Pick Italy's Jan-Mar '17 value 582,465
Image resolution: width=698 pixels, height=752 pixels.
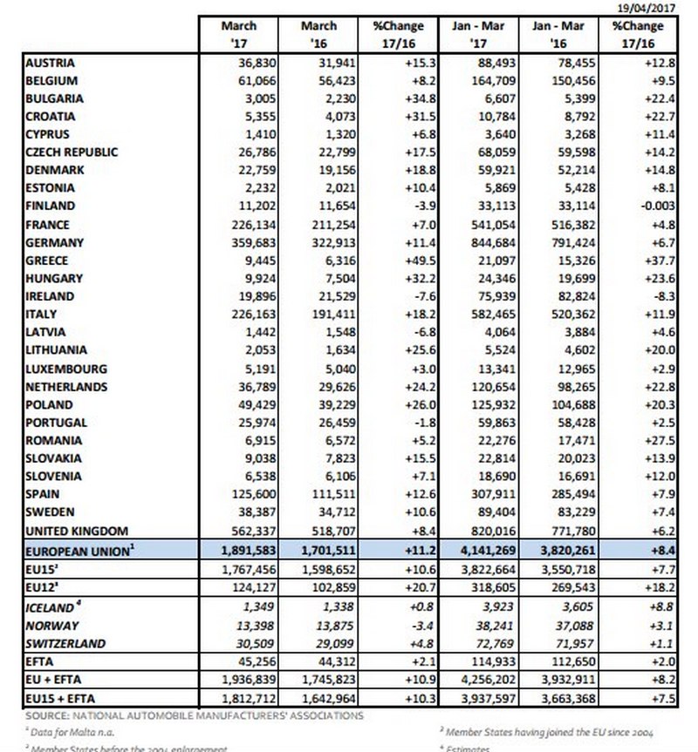pos(486,314)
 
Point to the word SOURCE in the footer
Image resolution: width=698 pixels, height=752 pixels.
pos(44,715)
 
